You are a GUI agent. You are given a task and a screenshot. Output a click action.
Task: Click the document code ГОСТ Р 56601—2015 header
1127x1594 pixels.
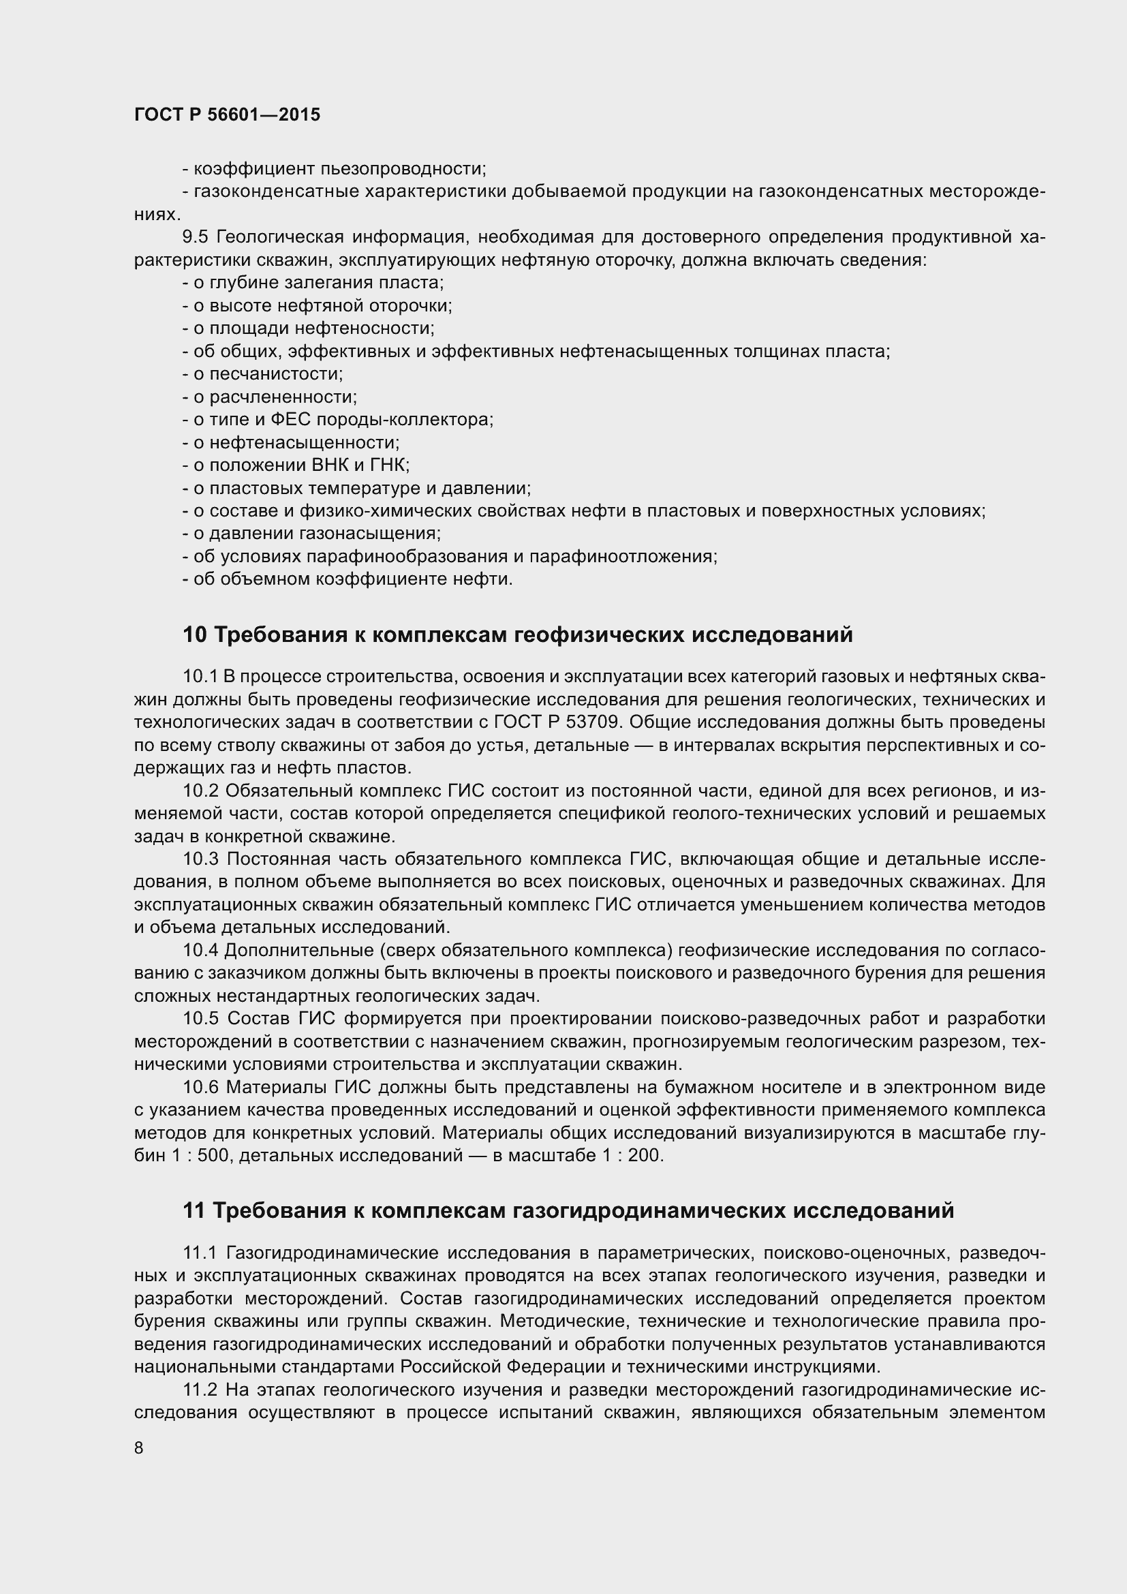point(227,115)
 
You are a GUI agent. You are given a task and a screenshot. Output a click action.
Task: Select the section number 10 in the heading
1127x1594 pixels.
point(194,634)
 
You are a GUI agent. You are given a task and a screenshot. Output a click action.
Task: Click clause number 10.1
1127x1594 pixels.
point(200,677)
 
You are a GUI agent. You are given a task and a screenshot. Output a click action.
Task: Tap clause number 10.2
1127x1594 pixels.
point(200,791)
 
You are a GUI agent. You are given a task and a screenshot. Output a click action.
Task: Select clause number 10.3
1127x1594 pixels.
point(200,859)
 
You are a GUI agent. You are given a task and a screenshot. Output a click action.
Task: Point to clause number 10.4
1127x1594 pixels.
point(200,951)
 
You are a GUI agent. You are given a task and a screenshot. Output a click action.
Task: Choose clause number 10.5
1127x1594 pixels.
point(200,1018)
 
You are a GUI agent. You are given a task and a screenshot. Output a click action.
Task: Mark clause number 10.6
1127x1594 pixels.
point(200,1087)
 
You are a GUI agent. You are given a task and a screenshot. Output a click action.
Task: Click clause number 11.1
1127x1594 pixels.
point(200,1253)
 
